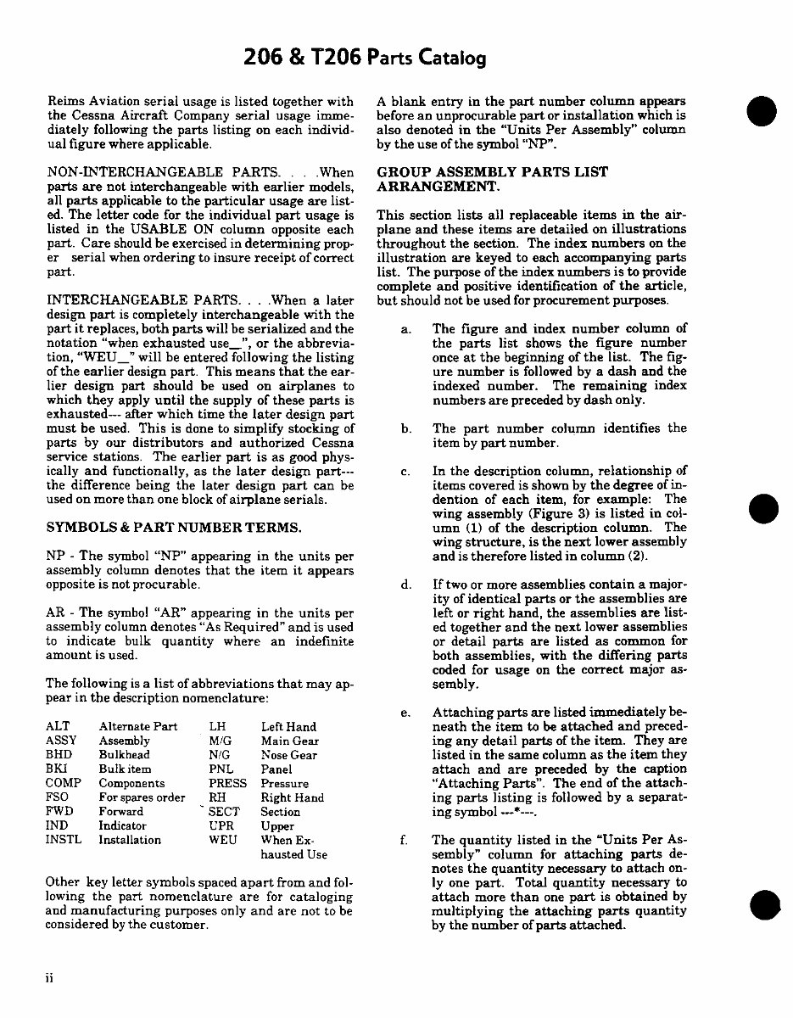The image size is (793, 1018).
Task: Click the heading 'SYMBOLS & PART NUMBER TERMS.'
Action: pyautogui.click(x=173, y=528)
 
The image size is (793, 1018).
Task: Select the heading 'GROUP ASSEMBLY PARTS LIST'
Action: pyautogui.click(x=492, y=172)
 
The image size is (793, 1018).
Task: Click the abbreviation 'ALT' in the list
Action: pyautogui.click(x=58, y=726)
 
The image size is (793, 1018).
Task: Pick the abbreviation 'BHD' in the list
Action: pyautogui.click(x=59, y=754)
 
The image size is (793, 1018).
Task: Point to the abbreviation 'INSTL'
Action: pyautogui.click(x=63, y=839)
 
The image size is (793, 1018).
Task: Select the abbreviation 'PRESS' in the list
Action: pyautogui.click(x=227, y=783)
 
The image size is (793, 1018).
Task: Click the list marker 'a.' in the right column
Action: pyautogui.click(x=405, y=328)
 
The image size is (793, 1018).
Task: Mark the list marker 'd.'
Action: pyautogui.click(x=405, y=585)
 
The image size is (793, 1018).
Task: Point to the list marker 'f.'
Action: pyautogui.click(x=405, y=841)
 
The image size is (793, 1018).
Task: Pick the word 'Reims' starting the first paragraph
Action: pyautogui.click(x=65, y=102)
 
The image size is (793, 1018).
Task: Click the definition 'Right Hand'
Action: pyautogui.click(x=293, y=797)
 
